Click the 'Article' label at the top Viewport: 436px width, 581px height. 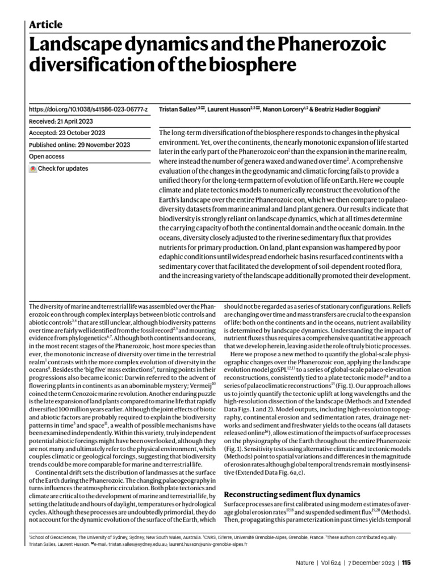(x=45, y=24)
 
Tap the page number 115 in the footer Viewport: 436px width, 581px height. (x=406, y=563)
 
